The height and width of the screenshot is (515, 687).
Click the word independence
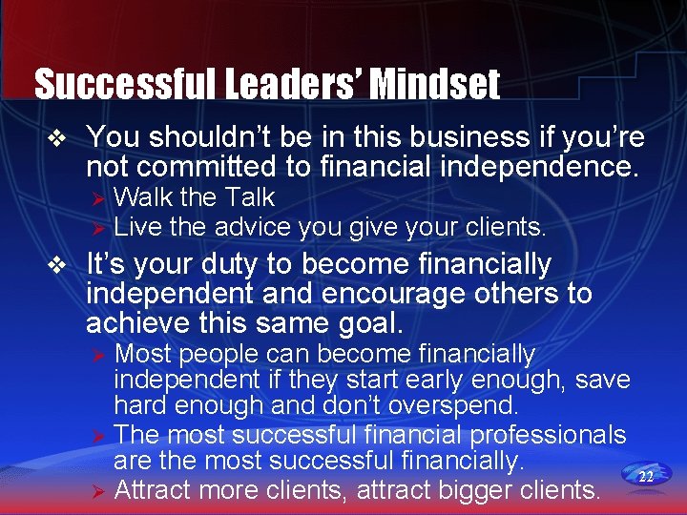(540, 168)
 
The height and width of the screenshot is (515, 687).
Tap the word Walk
(143, 197)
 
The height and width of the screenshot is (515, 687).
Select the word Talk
(249, 197)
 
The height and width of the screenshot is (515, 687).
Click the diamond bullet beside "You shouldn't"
(58, 138)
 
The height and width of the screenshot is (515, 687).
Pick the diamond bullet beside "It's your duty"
(58, 264)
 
